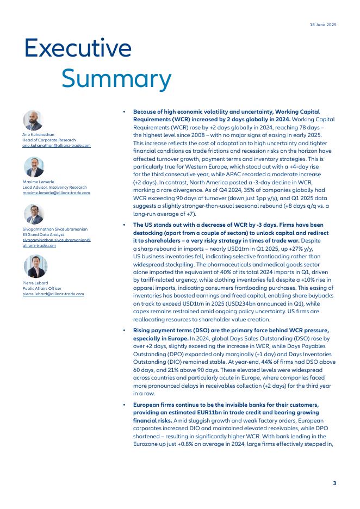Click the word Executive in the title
click(78, 48)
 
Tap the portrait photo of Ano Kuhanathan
click(33, 120)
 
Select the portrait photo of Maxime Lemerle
click(33, 167)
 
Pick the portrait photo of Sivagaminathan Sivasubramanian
click(33, 214)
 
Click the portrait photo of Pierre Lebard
click(33, 266)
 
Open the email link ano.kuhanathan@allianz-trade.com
click(57, 146)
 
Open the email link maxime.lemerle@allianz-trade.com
click(56, 193)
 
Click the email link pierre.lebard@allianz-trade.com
click(53, 294)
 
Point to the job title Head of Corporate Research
click(48, 141)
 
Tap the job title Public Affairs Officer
click(42, 289)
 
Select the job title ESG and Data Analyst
click(43, 234)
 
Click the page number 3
click(334, 482)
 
